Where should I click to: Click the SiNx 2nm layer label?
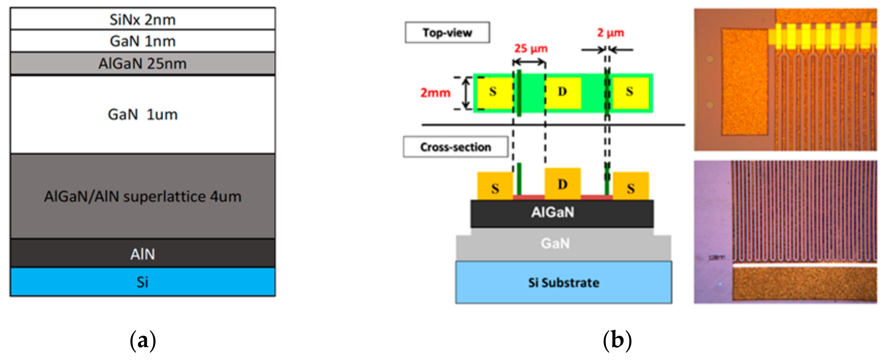143,19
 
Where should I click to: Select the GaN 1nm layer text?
143,41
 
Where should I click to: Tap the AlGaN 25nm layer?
143,63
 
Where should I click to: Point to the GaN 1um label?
143,114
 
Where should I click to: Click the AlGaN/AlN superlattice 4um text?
143,196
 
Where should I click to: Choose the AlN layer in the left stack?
143,254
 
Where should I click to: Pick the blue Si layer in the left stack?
143,282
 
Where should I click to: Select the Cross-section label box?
455,147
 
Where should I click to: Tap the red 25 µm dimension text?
531,48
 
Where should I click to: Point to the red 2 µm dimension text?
610,33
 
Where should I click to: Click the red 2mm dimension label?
435,93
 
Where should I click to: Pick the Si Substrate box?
563,283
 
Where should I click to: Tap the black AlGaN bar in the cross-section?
562,213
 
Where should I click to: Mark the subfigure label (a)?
143,340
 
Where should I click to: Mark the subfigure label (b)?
617,340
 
